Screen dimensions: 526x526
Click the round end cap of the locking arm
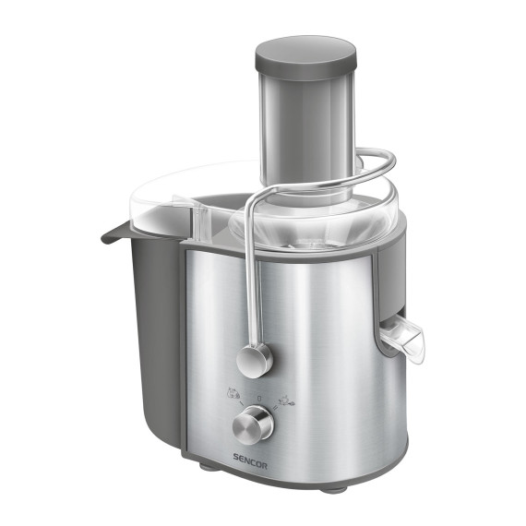pyautogui.click(x=255, y=358)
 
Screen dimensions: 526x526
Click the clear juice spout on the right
pyautogui.click(x=403, y=340)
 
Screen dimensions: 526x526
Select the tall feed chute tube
pyautogui.click(x=305, y=129)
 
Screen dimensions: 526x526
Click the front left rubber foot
pyautogui.click(x=205, y=467)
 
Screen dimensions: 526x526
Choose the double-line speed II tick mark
pyautogui.click(x=278, y=405)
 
